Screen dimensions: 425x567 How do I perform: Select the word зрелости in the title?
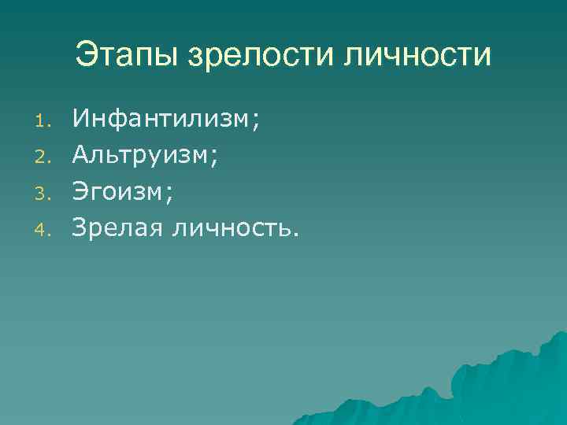(x=261, y=57)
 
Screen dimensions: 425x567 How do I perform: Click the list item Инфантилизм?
(x=161, y=119)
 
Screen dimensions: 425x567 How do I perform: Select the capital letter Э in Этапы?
(x=87, y=55)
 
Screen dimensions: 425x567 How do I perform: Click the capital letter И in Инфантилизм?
(x=80, y=119)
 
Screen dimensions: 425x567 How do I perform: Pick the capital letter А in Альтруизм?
(x=80, y=155)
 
